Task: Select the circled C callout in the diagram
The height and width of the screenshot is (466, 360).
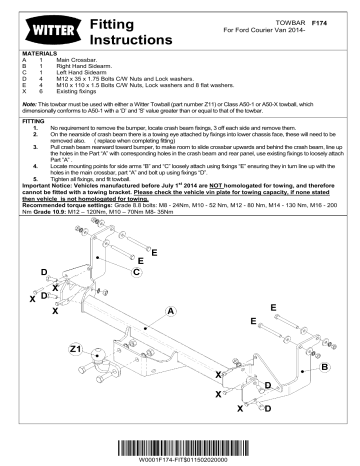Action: tap(135, 271)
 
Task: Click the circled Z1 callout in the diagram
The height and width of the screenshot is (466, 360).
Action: tap(76, 349)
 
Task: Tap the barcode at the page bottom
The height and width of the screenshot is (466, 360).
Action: tap(181, 444)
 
